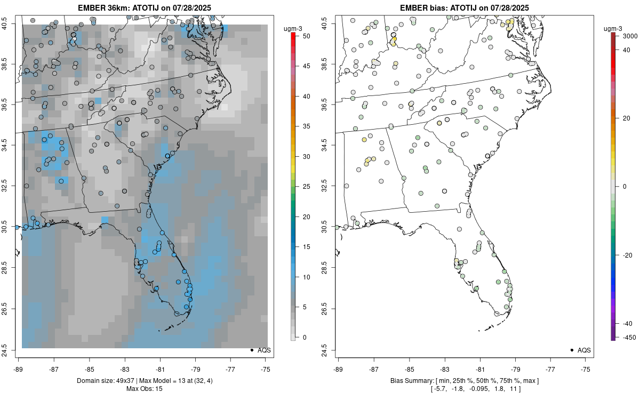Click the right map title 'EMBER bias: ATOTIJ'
pyautogui.click(x=465, y=7)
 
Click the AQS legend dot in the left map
pyautogui.click(x=251, y=350)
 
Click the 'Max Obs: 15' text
pyautogui.click(x=144, y=389)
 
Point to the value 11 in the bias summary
pyautogui.click(x=513, y=389)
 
